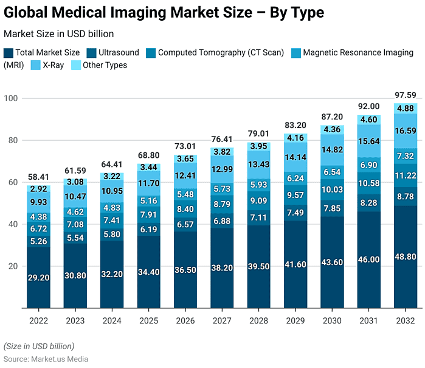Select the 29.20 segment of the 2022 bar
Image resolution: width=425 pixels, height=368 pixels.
click(x=38, y=277)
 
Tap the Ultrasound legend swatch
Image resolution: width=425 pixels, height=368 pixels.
click(x=91, y=53)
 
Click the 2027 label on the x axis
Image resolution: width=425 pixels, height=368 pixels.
click(x=221, y=321)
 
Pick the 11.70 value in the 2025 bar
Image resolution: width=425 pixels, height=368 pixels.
click(x=148, y=183)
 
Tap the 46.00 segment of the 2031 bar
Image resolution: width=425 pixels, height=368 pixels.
click(x=368, y=260)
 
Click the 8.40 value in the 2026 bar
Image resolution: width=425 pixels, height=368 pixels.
click(x=185, y=209)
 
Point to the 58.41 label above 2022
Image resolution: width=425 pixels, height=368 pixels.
click(x=38, y=177)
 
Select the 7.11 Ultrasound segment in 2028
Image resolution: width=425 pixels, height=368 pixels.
click(x=258, y=218)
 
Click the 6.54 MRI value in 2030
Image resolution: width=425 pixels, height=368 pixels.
click(x=331, y=172)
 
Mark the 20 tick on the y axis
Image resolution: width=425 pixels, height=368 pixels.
click(x=12, y=266)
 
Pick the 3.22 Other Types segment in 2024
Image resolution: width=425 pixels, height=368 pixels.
click(x=111, y=176)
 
